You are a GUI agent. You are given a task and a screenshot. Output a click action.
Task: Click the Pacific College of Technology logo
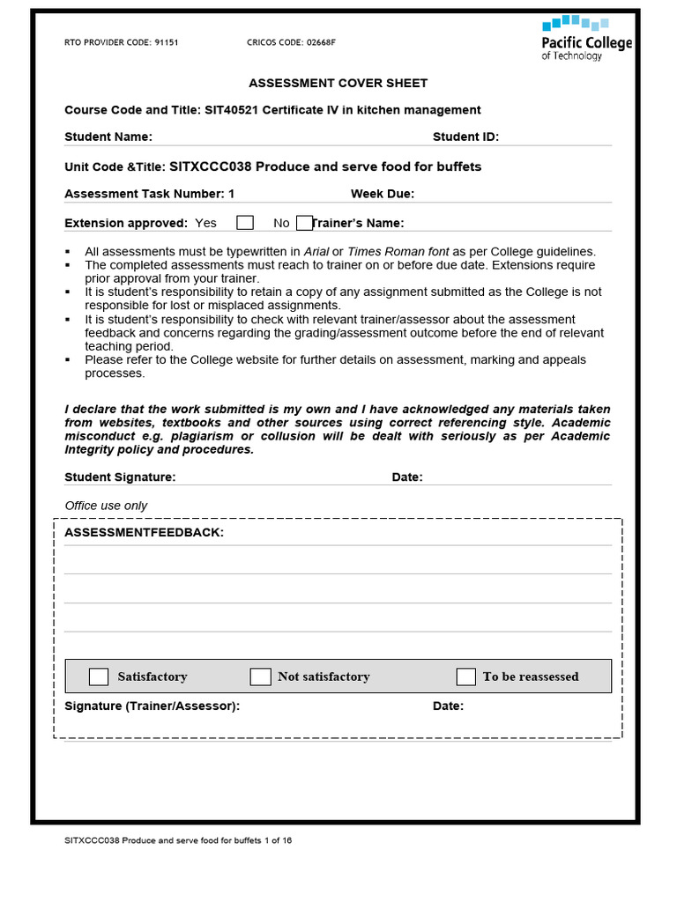point(585,38)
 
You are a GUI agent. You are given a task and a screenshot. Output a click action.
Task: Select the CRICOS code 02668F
point(319,42)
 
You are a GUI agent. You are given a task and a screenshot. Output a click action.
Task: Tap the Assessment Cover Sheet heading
point(338,83)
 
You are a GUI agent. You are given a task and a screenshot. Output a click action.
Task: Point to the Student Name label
point(108,137)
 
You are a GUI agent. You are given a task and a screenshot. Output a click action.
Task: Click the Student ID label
point(465,137)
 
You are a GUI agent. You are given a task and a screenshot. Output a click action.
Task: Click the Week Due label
point(382,194)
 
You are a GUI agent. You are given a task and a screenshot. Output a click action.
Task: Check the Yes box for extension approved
point(245,223)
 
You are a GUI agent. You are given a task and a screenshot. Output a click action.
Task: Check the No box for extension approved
point(304,223)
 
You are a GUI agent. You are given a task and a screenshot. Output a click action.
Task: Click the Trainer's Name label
point(358,223)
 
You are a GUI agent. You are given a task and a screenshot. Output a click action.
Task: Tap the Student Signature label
point(120,477)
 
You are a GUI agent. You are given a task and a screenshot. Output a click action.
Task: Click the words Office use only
point(106,506)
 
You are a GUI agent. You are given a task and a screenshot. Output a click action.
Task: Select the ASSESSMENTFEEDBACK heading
point(144,533)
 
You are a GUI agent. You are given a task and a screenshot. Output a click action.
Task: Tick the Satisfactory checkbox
point(99,676)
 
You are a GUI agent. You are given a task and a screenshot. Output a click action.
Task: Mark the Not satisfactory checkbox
point(260,676)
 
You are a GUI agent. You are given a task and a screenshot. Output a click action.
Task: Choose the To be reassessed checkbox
point(465,676)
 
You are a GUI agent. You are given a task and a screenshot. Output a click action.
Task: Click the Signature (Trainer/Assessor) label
point(153,706)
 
